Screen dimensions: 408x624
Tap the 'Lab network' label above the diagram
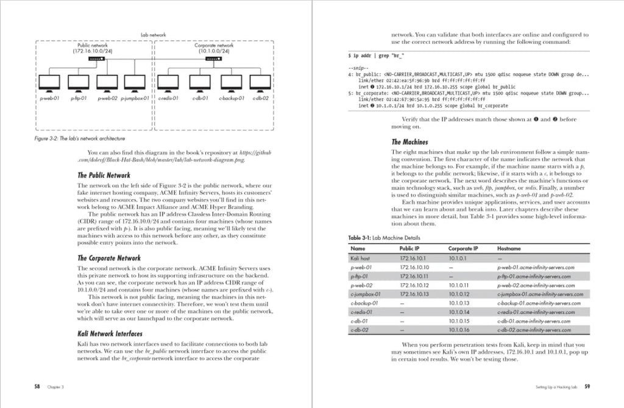(x=153, y=35)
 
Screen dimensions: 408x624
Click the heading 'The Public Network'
(x=104, y=175)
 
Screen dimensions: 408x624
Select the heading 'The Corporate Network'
(x=110, y=258)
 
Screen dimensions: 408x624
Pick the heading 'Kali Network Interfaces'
(x=110, y=334)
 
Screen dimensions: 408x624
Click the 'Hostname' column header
(x=509, y=248)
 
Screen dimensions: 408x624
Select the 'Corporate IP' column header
(x=463, y=248)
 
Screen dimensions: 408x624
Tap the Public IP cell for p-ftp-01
(x=414, y=276)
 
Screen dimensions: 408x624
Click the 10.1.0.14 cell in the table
(x=459, y=312)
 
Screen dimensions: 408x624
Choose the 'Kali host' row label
(x=361, y=258)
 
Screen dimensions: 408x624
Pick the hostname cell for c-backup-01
(x=534, y=303)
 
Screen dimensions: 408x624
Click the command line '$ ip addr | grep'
(x=374, y=56)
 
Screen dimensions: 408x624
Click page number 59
(x=586, y=386)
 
